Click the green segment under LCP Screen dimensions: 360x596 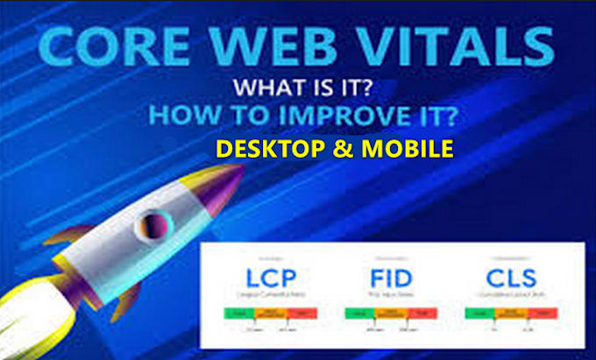[236, 312]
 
